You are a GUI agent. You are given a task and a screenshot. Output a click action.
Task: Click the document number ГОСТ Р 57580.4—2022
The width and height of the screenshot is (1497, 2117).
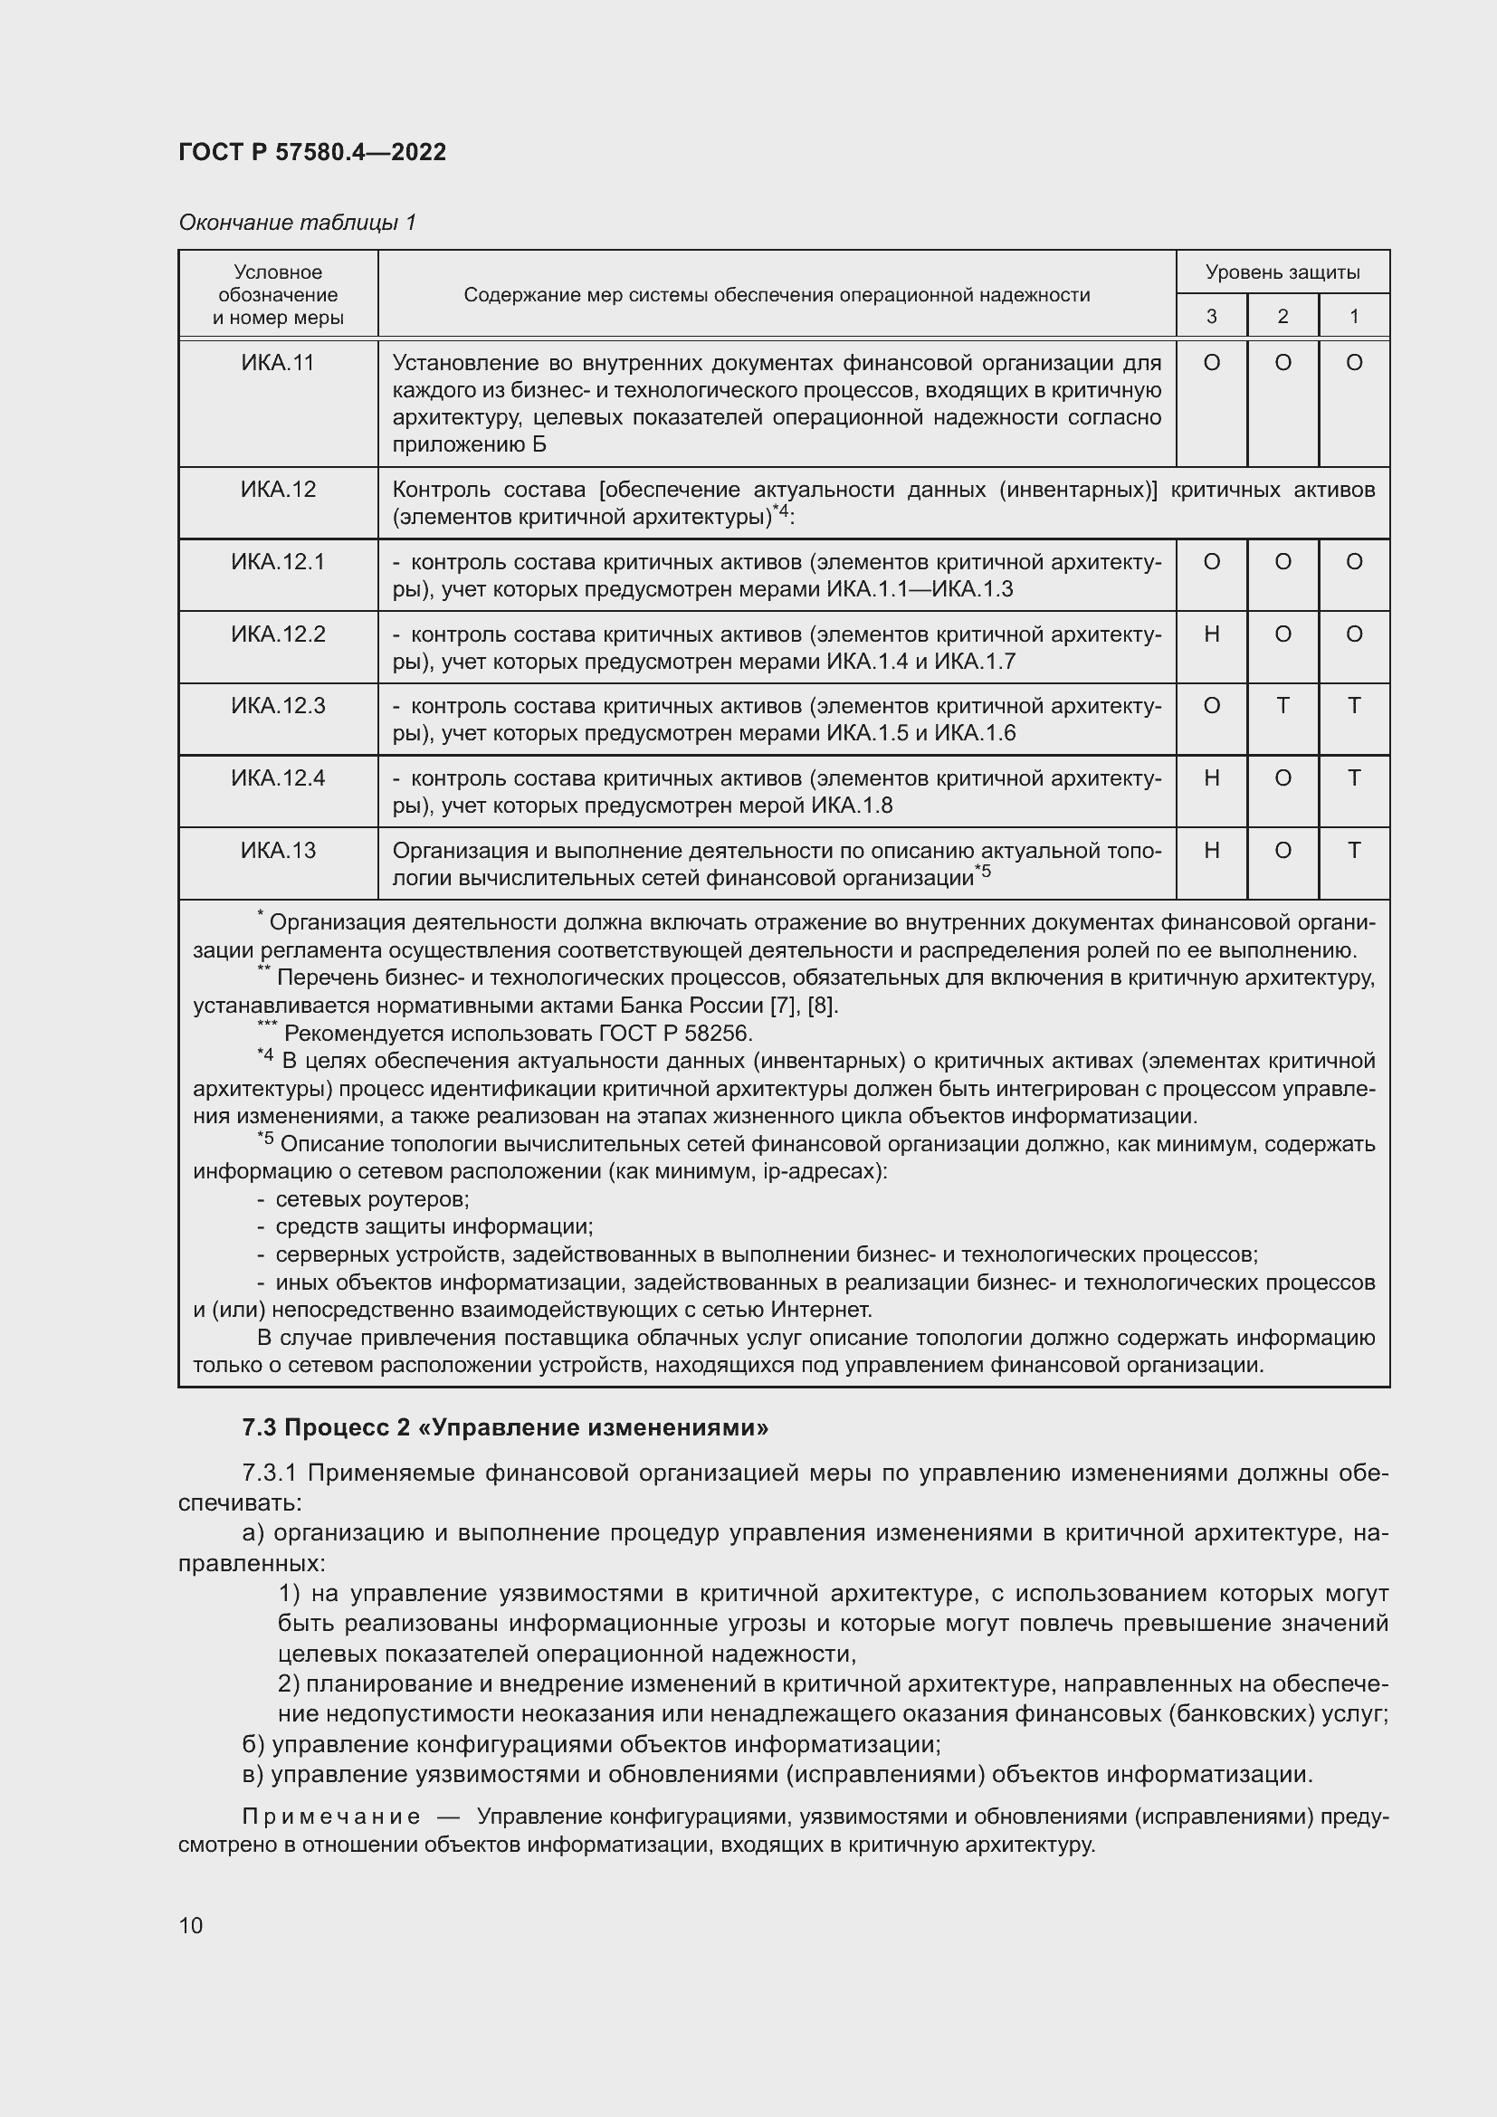pyautogui.click(x=312, y=152)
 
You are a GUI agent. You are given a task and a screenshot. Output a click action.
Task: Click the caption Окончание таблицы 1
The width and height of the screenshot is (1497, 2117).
pyautogui.click(x=297, y=223)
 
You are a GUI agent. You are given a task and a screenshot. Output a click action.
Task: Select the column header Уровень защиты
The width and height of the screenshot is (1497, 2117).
pyautogui.click(x=1282, y=272)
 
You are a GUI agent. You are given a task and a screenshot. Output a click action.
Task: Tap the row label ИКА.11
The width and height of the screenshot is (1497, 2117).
pyautogui.click(x=279, y=363)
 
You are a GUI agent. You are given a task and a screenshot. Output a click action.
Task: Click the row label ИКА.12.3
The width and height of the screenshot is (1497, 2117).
pyautogui.click(x=279, y=706)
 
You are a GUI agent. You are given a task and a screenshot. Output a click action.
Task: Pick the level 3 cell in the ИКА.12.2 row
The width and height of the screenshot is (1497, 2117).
pyautogui.click(x=1211, y=634)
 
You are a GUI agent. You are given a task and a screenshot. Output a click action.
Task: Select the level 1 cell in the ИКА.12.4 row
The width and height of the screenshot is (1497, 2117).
pyautogui.click(x=1353, y=778)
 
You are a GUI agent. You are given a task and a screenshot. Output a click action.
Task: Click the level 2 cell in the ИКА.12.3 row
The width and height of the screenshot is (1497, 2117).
pyautogui.click(x=1282, y=706)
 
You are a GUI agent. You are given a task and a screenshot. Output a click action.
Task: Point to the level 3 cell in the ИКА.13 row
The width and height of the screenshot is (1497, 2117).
pyautogui.click(x=1211, y=850)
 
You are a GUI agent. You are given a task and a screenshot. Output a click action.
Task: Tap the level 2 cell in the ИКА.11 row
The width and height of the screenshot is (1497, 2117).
pyautogui.click(x=1282, y=363)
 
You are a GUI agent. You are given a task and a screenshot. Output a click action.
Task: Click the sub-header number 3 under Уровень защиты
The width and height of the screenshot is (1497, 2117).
pyautogui.click(x=1211, y=316)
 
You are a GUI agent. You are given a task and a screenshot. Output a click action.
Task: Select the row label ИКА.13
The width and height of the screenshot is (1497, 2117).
pyautogui.click(x=279, y=850)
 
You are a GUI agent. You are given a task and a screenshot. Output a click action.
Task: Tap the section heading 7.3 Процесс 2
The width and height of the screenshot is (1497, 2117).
pyautogui.click(x=505, y=1428)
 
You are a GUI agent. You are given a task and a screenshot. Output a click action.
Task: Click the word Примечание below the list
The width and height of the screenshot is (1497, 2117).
pyautogui.click(x=331, y=1817)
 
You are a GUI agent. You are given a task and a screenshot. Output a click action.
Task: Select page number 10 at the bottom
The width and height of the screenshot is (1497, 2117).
pyautogui.click(x=191, y=1925)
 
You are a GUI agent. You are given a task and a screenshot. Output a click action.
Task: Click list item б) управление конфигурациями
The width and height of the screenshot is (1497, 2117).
pyautogui.click(x=590, y=1744)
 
